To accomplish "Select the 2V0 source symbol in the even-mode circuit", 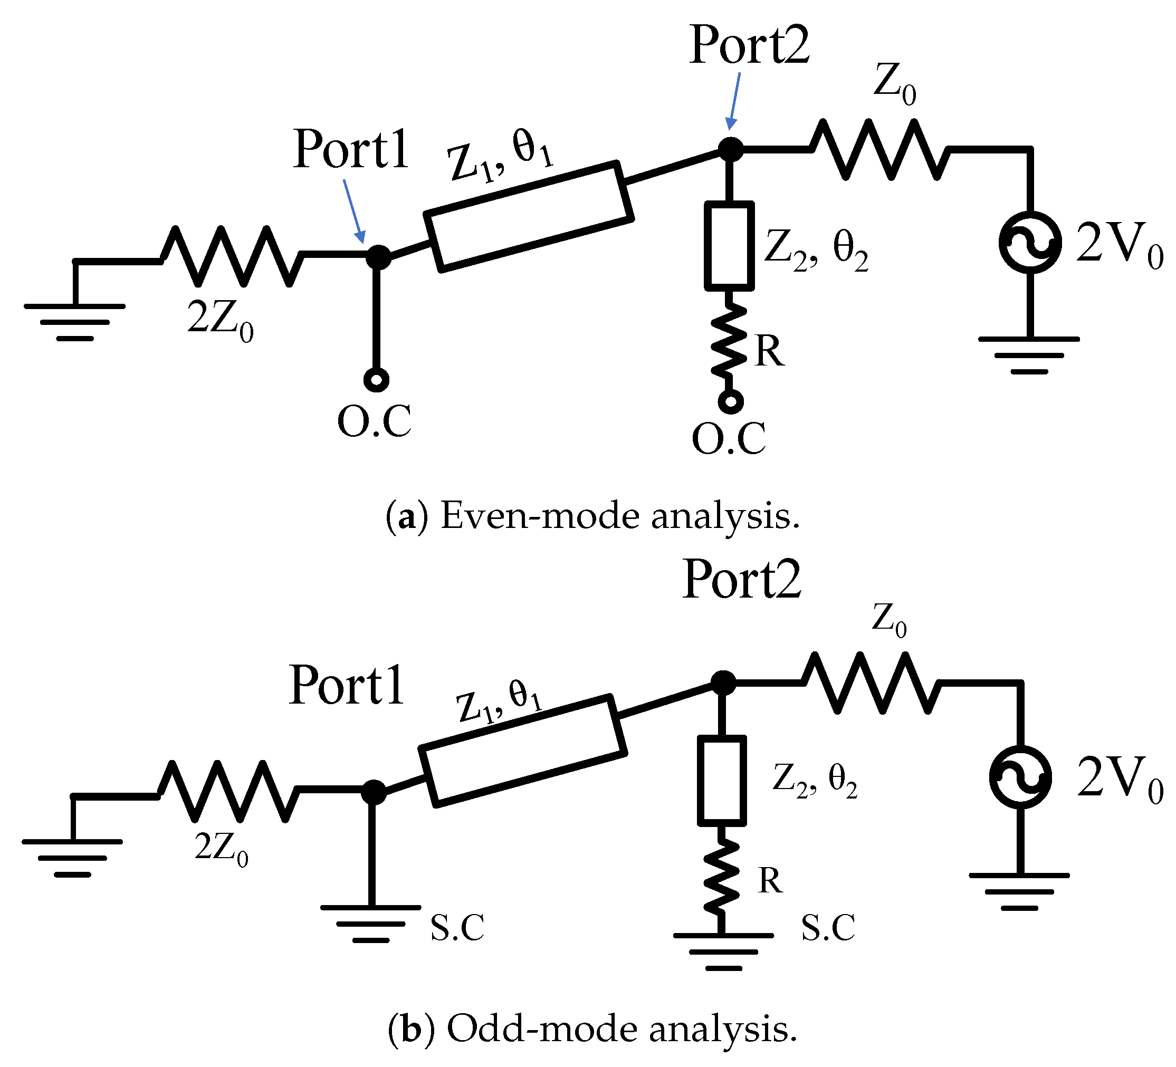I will [x=1029, y=242].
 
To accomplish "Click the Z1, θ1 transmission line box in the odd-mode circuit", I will [x=523, y=751].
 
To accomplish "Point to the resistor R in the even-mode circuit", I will [x=729, y=339].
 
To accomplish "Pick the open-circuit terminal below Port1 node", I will [x=376, y=380].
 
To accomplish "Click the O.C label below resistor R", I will [x=729, y=438].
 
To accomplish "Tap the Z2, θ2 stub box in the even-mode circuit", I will [x=729, y=245].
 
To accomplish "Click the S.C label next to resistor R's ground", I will [x=828, y=928].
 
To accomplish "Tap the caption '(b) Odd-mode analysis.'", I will [x=592, y=1029].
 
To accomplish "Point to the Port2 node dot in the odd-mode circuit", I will [x=723, y=683].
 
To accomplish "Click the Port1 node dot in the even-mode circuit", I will [x=378, y=256].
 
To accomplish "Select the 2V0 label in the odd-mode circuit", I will [x=1119, y=778].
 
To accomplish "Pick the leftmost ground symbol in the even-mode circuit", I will [x=75, y=321].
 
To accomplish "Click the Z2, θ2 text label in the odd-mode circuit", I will [x=814, y=780].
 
